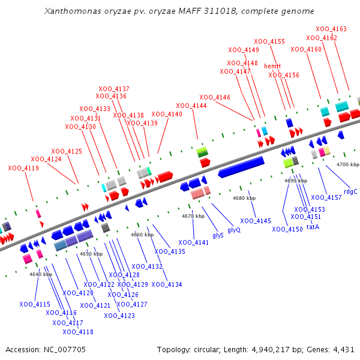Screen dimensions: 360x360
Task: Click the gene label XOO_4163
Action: [331, 29]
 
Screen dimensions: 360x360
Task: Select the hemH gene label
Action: [272, 66]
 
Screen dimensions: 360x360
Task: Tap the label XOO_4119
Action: [23, 168]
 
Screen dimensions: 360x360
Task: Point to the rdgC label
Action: [350, 191]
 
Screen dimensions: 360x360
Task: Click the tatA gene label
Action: [313, 227]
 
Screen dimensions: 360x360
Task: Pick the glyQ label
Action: [234, 230]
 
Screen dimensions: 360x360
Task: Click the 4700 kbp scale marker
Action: [347, 164]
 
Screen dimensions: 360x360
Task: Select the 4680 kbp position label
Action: [244, 198]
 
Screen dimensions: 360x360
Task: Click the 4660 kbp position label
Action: [142, 235]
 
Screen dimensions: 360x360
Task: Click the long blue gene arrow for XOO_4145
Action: [241, 167]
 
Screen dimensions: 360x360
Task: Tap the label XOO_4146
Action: [215, 97]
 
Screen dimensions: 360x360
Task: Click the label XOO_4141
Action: [193, 242]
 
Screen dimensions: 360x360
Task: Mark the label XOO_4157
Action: [326, 197]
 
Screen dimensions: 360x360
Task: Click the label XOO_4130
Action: [80, 127]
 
